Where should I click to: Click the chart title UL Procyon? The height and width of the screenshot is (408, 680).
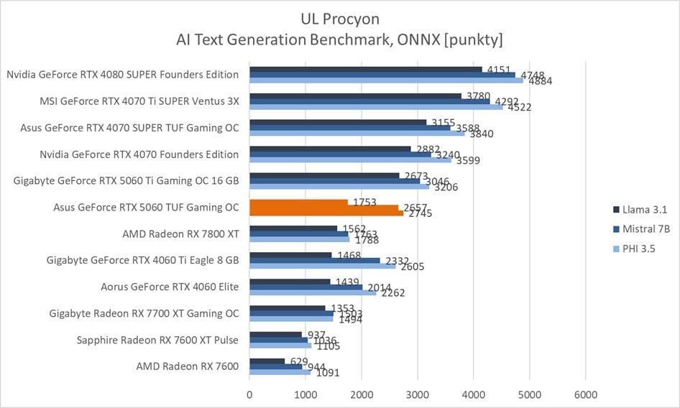point(339,19)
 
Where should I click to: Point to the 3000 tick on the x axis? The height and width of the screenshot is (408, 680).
point(418,394)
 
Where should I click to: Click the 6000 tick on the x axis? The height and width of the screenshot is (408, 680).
point(585,394)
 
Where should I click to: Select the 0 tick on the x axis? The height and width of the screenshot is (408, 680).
point(249,394)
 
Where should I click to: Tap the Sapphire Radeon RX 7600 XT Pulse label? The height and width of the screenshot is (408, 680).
point(157,339)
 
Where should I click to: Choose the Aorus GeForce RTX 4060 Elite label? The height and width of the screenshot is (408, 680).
point(170,287)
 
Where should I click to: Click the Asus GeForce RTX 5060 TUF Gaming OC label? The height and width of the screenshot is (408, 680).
point(146,208)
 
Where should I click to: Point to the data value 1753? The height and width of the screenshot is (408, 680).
point(365,203)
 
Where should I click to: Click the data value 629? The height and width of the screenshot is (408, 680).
point(296,361)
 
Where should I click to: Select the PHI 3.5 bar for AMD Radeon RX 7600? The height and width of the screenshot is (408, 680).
point(280,372)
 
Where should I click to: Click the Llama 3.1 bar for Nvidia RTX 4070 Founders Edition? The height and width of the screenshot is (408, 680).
point(330,149)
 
